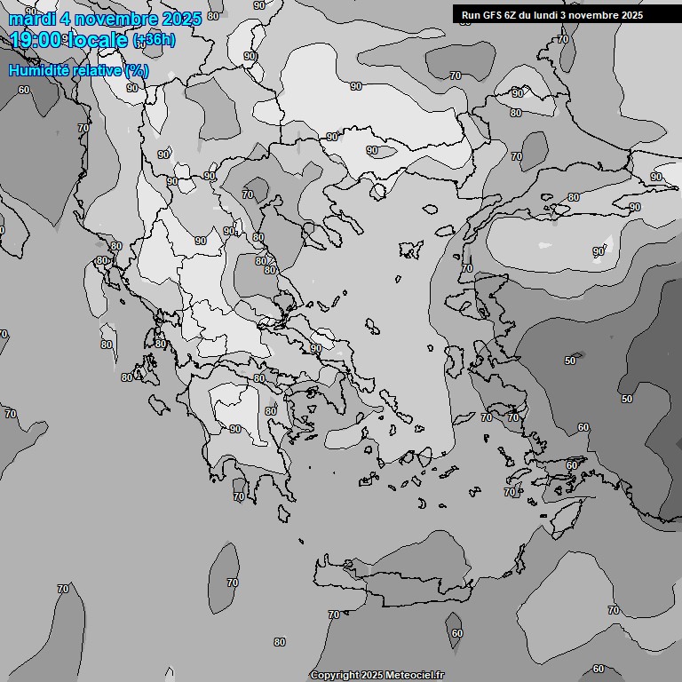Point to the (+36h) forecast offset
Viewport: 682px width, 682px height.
click(x=154, y=41)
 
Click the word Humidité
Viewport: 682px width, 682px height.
click(x=37, y=70)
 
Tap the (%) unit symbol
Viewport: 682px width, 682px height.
click(x=137, y=70)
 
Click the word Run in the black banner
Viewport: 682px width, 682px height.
click(x=471, y=15)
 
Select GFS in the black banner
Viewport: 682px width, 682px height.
click(x=494, y=15)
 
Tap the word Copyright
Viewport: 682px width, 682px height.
click(x=336, y=676)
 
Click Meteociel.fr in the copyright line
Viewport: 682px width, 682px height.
click(x=415, y=676)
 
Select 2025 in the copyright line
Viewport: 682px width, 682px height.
click(x=374, y=676)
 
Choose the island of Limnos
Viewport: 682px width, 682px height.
click(x=410, y=250)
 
